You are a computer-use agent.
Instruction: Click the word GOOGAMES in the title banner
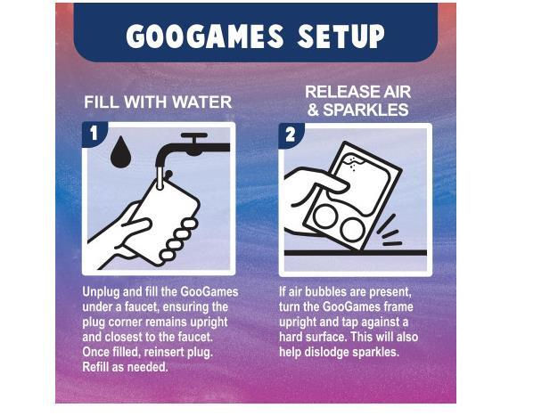(x=205, y=36)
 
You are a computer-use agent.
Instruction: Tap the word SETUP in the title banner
(x=341, y=36)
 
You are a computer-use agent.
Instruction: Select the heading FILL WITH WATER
(x=158, y=102)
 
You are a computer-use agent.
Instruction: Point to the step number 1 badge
(x=94, y=134)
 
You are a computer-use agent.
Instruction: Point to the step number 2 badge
(x=291, y=135)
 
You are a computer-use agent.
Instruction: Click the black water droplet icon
(x=120, y=151)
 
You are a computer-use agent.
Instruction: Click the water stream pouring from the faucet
(x=160, y=178)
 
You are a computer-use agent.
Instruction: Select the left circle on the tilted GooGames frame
(x=325, y=216)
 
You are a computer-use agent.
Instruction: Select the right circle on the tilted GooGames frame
(x=352, y=229)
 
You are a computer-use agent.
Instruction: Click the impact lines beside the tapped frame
(x=390, y=231)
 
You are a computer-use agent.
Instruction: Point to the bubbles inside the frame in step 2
(x=352, y=163)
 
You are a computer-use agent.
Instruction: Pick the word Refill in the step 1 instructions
(x=95, y=367)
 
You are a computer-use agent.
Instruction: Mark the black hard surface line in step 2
(x=355, y=253)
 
